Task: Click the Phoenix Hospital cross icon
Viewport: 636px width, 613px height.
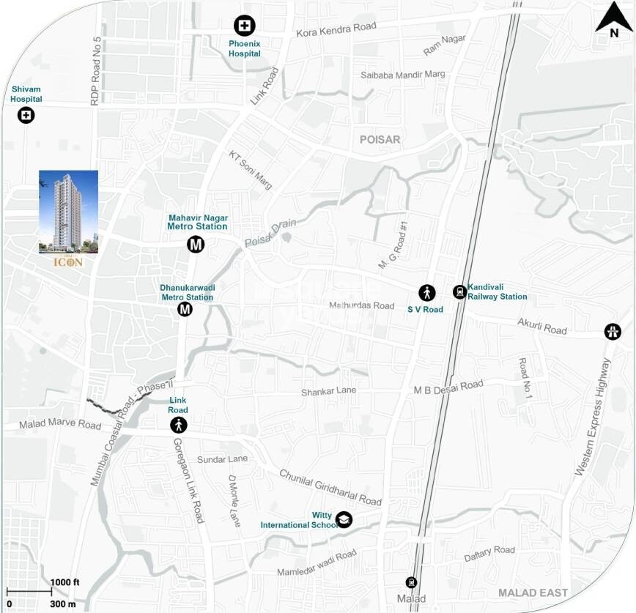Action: [x=244, y=26]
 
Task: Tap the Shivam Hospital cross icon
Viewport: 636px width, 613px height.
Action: [x=26, y=115]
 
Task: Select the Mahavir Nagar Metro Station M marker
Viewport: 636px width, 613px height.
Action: [x=196, y=245]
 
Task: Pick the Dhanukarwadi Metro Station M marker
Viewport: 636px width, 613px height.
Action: [x=185, y=309]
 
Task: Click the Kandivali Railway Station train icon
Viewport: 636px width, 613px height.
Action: [x=459, y=291]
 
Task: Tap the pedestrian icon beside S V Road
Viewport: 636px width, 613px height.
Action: [x=426, y=293]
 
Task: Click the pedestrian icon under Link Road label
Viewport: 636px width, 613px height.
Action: [x=179, y=425]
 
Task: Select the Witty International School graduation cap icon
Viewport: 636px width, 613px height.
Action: [x=344, y=520]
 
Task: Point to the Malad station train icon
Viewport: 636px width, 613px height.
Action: [x=411, y=582]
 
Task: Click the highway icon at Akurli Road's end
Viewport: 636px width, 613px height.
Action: [x=613, y=331]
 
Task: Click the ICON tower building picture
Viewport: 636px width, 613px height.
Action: [x=68, y=212]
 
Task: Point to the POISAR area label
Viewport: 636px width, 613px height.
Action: [x=380, y=139]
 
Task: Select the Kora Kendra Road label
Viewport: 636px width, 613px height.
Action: [x=336, y=30]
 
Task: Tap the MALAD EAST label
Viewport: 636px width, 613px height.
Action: [x=533, y=592]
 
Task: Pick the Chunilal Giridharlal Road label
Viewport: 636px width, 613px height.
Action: [x=330, y=488]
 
